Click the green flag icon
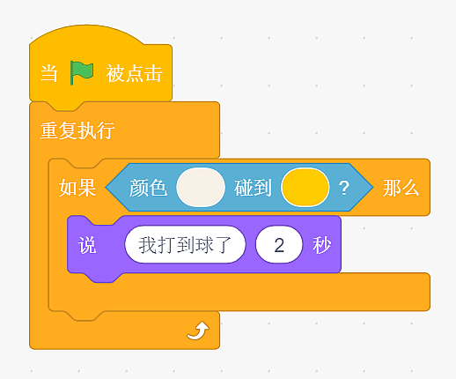(x=82, y=72)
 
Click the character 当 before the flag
(x=48, y=73)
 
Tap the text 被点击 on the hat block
(x=134, y=73)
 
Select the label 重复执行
(x=77, y=130)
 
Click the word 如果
(x=77, y=188)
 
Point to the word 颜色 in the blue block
(x=148, y=188)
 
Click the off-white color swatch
(x=201, y=187)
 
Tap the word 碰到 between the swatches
(x=253, y=188)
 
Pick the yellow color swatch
(x=305, y=187)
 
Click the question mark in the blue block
(x=344, y=188)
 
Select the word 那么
(x=401, y=188)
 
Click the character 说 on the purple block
(x=87, y=245)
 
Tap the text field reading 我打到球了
(x=185, y=245)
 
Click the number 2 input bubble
(x=279, y=245)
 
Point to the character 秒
(x=322, y=245)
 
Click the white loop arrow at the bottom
(x=198, y=331)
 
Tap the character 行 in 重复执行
(x=106, y=130)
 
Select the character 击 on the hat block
(x=153, y=73)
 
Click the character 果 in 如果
(x=87, y=188)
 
